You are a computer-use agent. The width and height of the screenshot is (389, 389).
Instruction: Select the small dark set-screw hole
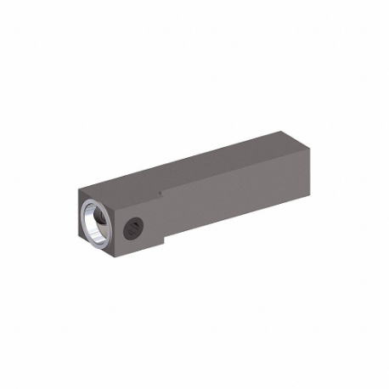tap(133, 227)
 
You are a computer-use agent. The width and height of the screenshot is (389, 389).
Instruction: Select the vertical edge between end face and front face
tap(116, 229)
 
